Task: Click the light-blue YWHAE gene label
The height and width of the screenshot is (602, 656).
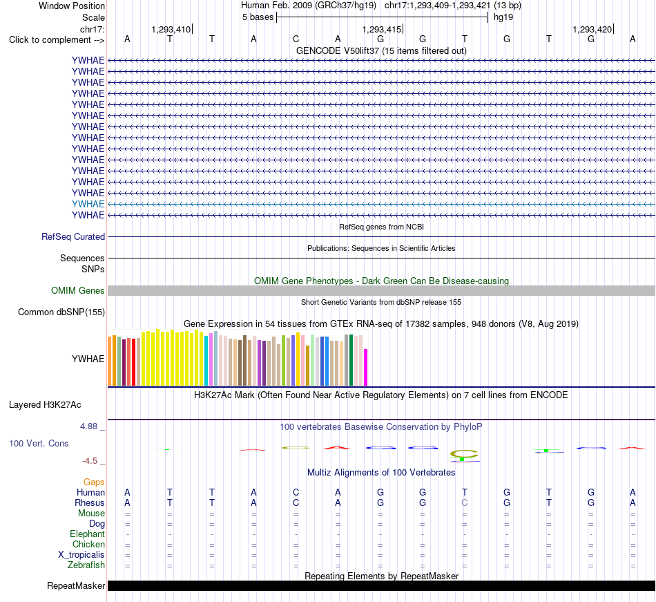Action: coord(88,204)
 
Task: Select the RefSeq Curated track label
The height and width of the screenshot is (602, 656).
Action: coord(73,236)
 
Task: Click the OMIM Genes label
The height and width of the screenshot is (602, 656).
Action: coord(78,290)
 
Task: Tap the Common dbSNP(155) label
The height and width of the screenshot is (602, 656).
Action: coord(61,312)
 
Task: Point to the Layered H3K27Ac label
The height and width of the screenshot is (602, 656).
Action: coord(45,405)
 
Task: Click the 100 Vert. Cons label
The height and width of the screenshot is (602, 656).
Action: coord(39,443)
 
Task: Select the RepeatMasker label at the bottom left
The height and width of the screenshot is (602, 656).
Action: coord(76,585)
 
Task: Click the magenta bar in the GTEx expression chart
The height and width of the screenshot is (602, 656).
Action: coord(366,367)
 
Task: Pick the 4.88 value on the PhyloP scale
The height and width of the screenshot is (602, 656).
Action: coord(88,426)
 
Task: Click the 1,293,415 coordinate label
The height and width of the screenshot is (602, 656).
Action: coord(382,29)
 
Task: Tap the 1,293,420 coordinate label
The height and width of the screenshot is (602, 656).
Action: coord(592,29)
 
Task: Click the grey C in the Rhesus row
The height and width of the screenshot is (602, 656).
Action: coord(465,502)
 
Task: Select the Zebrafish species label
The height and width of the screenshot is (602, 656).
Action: coord(86,565)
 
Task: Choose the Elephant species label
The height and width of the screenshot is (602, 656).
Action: coord(88,534)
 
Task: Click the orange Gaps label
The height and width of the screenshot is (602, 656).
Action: coord(94,482)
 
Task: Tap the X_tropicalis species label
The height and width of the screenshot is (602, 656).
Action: coord(81,555)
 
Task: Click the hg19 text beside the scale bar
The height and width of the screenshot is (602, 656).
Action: coord(503,17)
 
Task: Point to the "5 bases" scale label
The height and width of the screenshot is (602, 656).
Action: coord(258,17)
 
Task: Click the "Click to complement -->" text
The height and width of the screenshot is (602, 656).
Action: coord(57,40)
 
